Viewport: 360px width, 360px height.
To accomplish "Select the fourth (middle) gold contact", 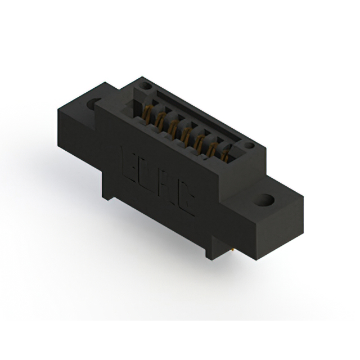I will pos(185,133).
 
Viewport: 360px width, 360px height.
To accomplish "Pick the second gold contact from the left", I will pos(160,119).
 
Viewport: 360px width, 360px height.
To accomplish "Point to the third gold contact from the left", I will pos(172,126).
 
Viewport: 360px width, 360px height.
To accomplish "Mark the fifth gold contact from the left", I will pos(198,139).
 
